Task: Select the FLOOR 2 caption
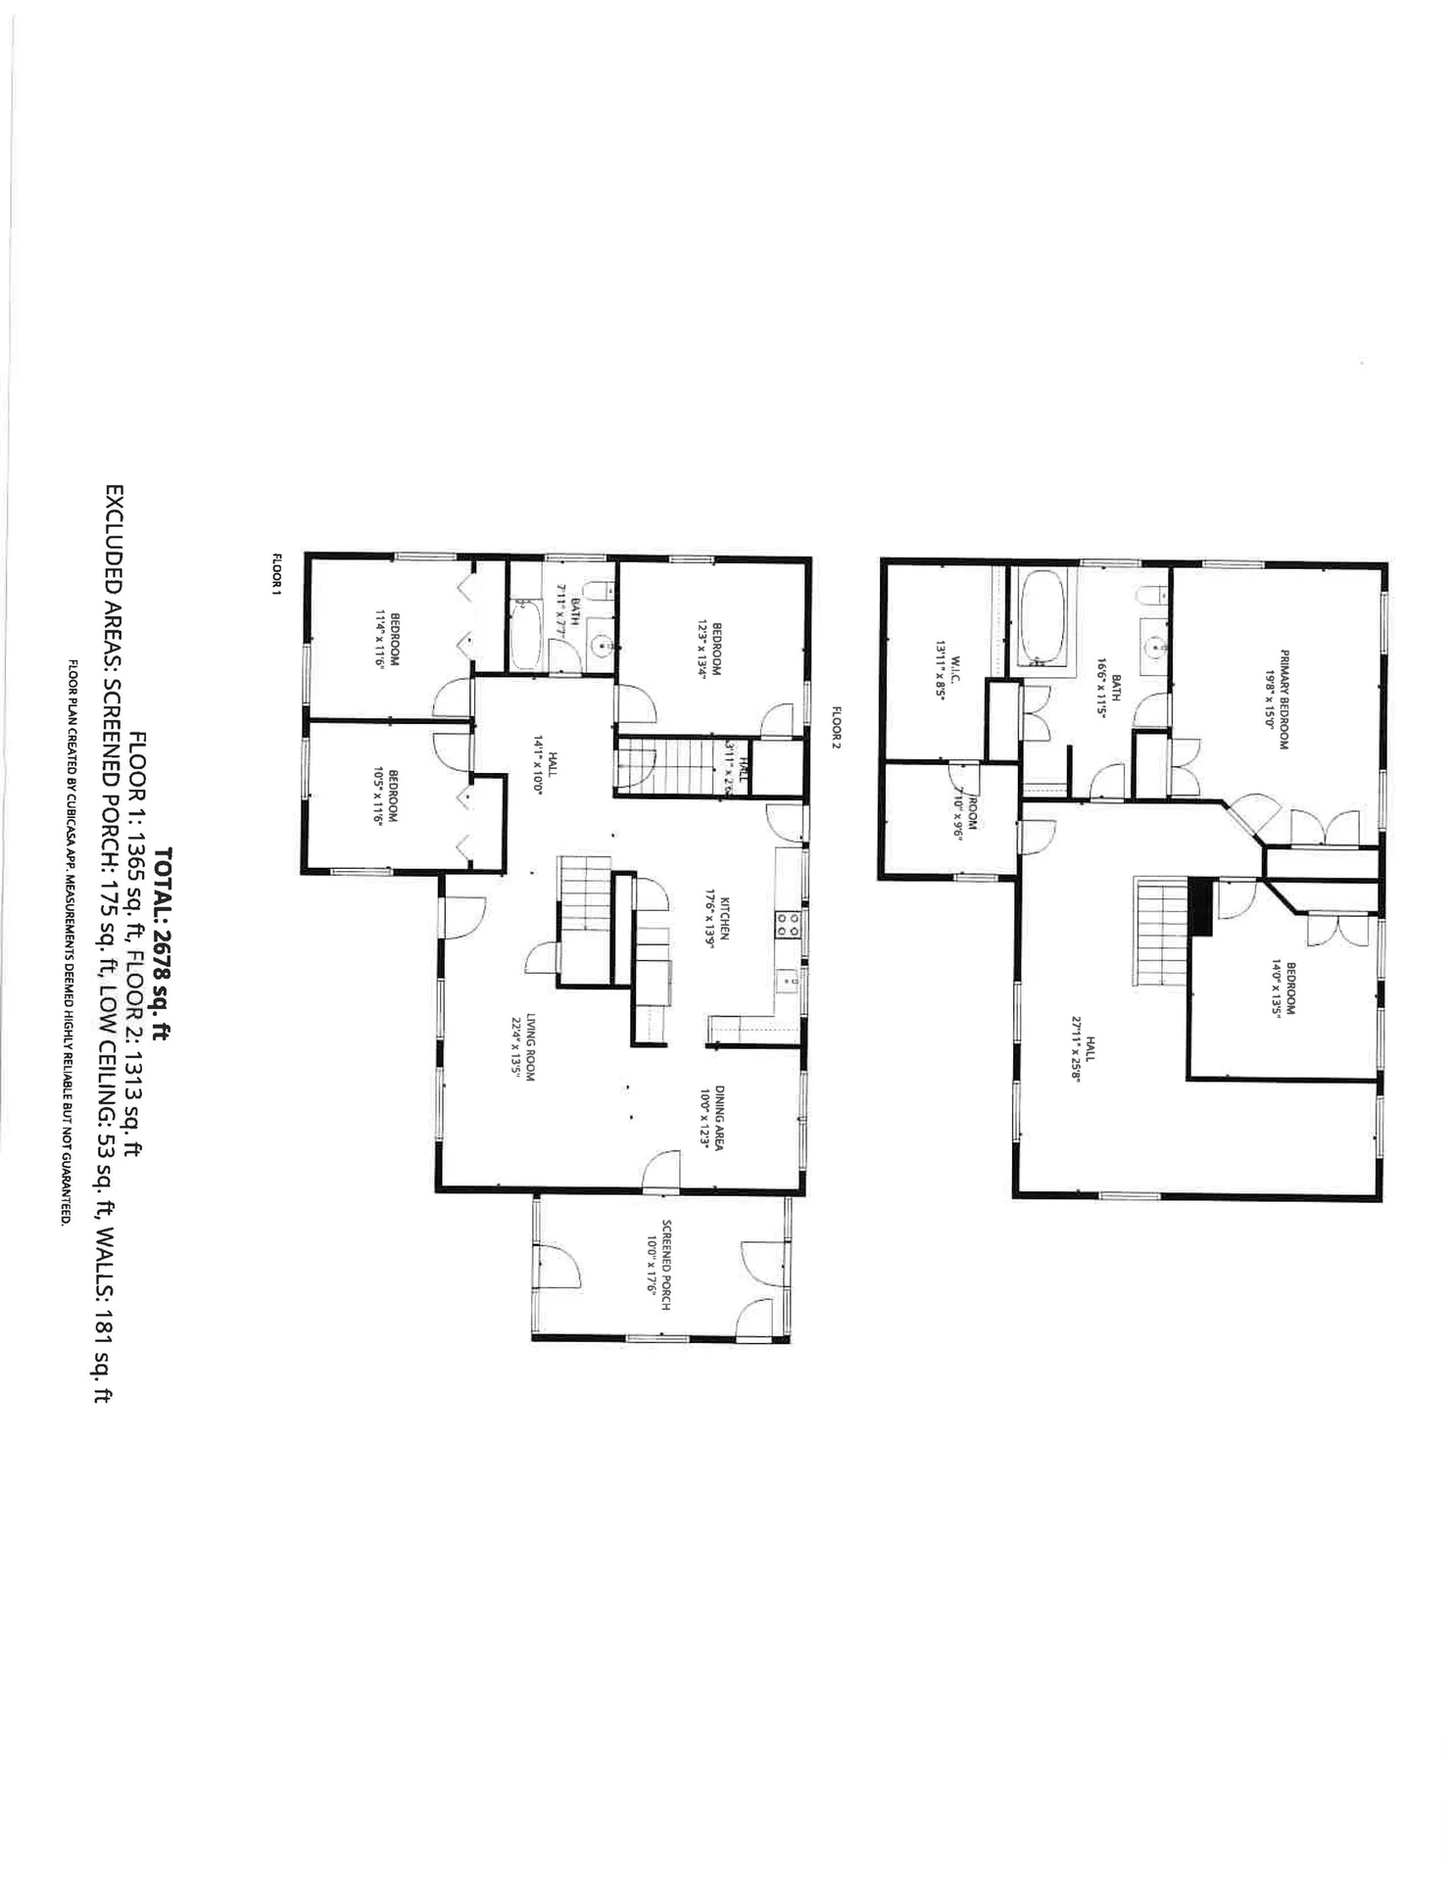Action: pyautogui.click(x=837, y=727)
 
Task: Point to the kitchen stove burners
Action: pyautogui.click(x=788, y=925)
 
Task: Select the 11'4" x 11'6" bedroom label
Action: pyautogui.click(x=387, y=639)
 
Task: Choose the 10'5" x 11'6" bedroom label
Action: pyautogui.click(x=386, y=798)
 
